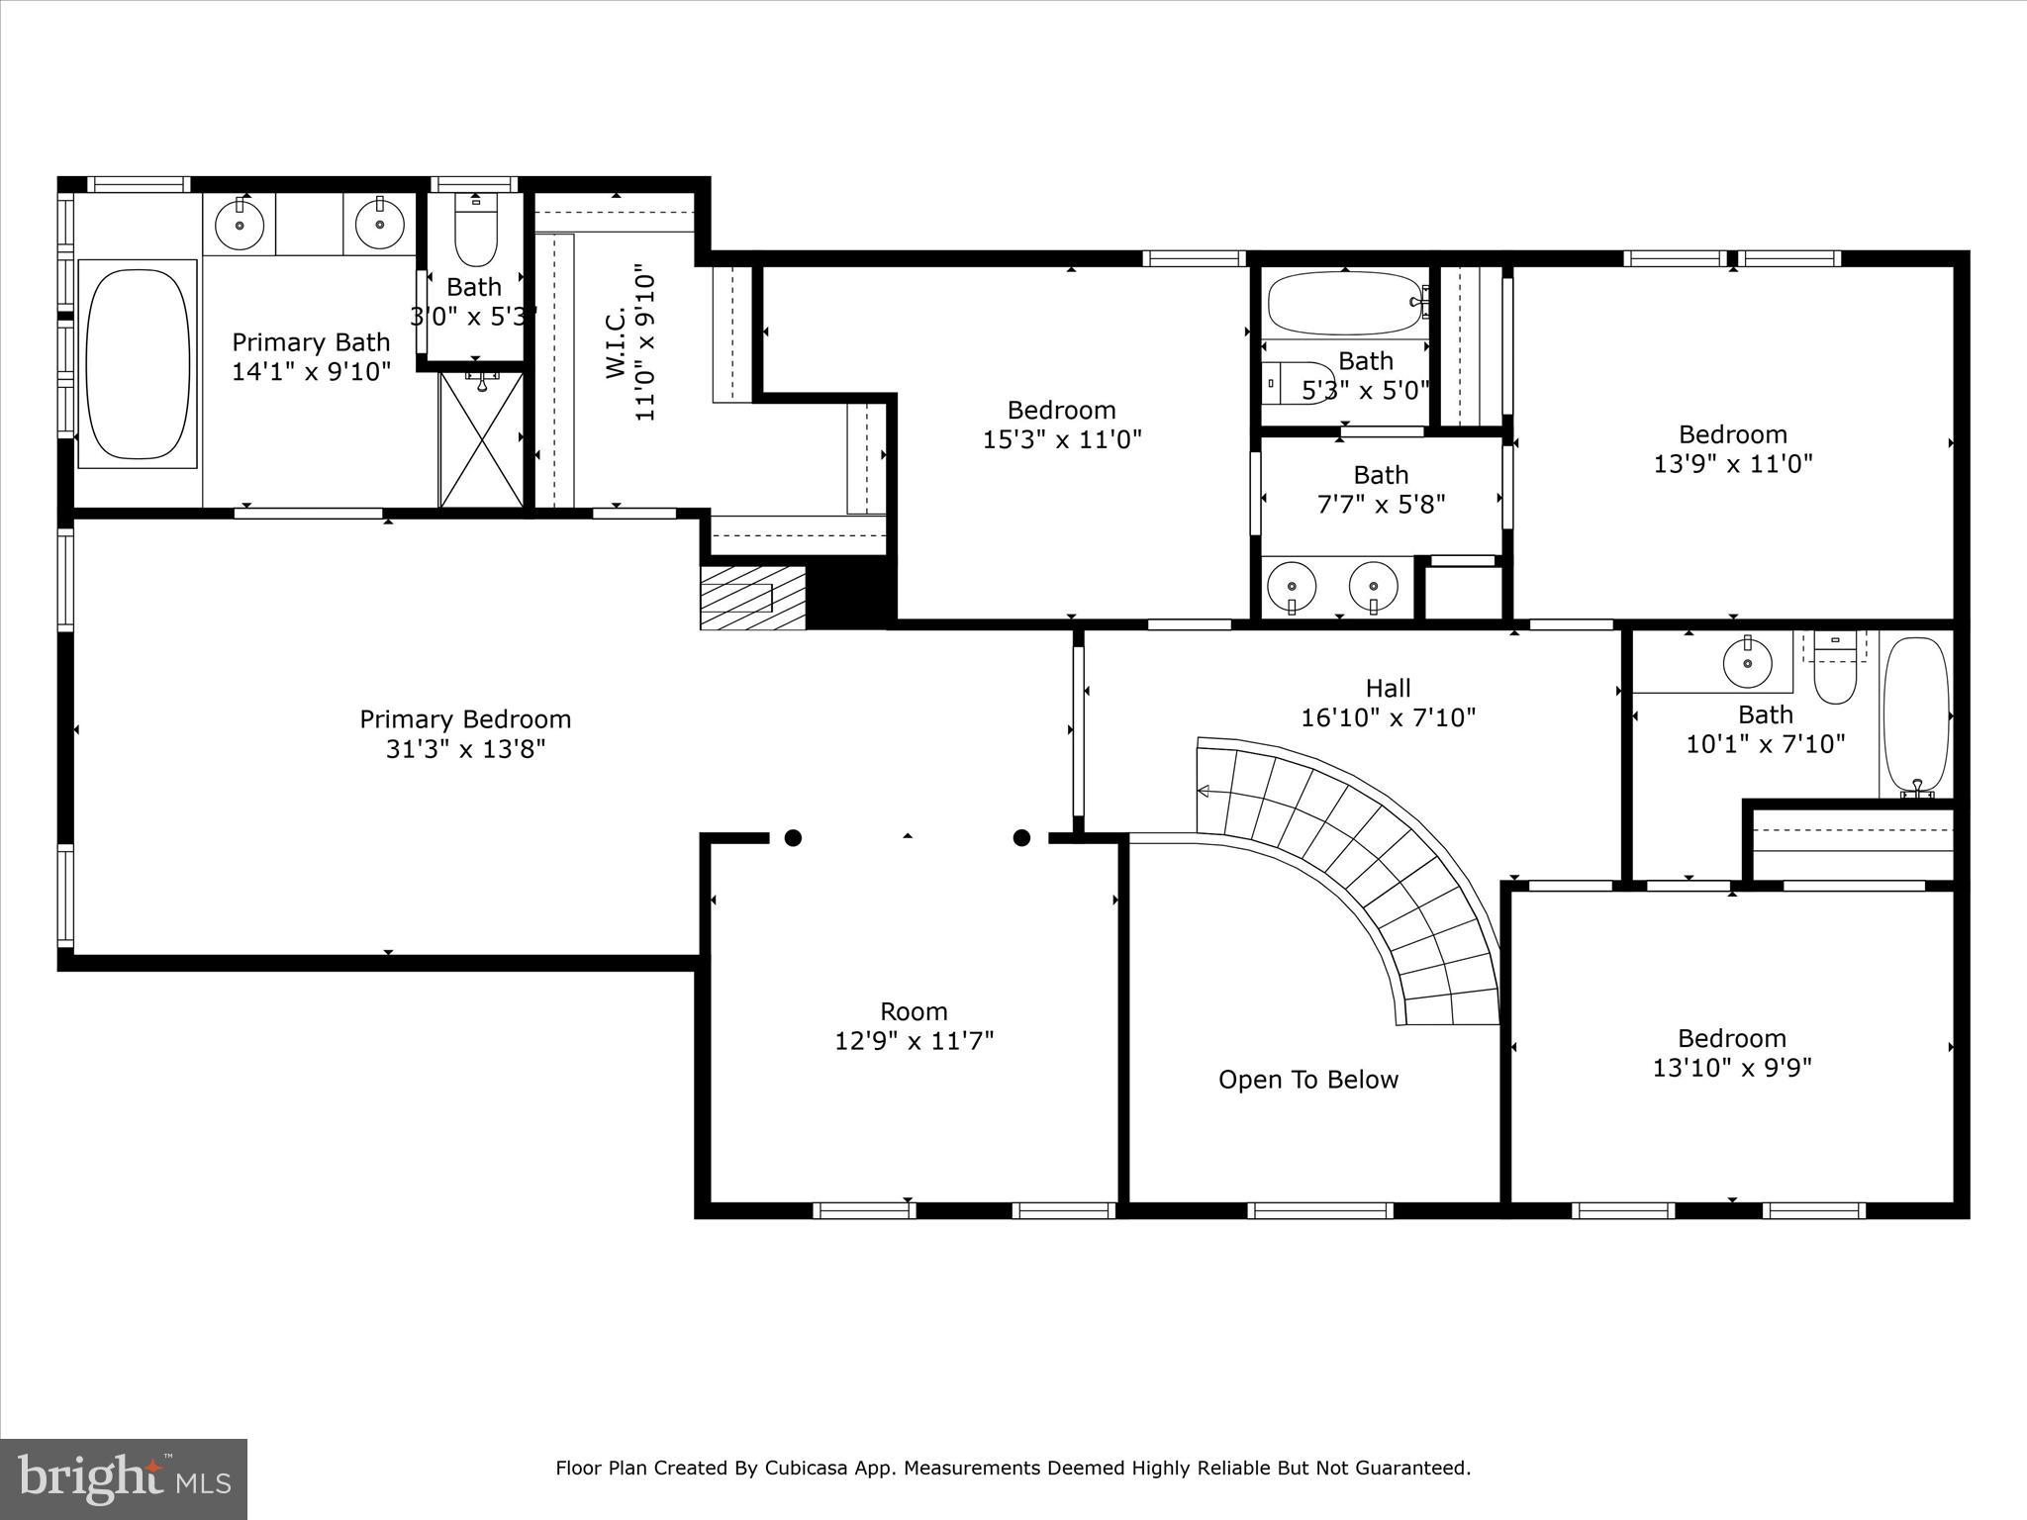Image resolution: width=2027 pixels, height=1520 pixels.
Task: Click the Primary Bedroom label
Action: [x=465, y=719]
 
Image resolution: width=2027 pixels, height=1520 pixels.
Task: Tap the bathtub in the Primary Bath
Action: [x=138, y=361]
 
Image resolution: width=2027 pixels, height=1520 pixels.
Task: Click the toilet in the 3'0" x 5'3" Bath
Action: [x=476, y=233]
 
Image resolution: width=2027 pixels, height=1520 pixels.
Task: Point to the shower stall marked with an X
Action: [x=481, y=439]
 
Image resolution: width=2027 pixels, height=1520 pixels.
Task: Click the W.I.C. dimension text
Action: [x=644, y=342]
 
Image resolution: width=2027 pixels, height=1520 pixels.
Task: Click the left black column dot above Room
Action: [x=793, y=838]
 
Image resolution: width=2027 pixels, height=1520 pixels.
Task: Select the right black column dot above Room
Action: [x=1021, y=838]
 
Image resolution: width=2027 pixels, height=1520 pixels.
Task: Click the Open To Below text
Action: [x=1307, y=1080]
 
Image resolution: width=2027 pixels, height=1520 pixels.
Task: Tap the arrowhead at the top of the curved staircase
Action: [x=1205, y=791]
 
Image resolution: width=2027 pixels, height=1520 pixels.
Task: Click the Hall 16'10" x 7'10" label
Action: [x=1388, y=703]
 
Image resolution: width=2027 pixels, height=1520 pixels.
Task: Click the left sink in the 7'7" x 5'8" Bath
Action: [x=1292, y=587]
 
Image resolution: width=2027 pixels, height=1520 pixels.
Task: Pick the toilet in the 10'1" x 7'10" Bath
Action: [x=1835, y=674]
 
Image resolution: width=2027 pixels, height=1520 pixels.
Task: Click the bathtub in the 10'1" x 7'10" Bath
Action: [x=1916, y=716]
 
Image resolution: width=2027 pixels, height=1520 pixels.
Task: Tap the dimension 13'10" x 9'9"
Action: [x=1731, y=1068]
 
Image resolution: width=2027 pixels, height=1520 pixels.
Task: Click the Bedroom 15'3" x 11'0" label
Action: [x=1061, y=425]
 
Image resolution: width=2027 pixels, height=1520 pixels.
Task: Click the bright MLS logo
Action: [x=124, y=1478]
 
